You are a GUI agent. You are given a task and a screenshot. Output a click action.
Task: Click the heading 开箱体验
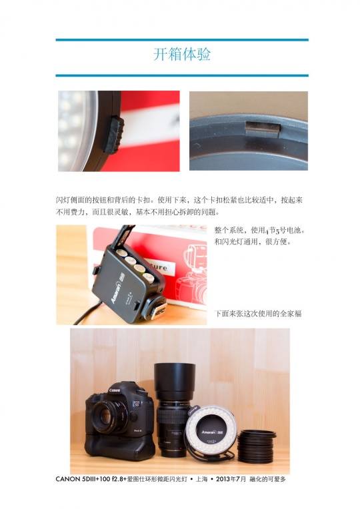182,54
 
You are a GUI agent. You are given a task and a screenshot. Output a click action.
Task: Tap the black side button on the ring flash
113,134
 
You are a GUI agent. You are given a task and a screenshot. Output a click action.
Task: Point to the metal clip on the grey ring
262,129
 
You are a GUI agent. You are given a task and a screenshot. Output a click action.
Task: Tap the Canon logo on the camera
115,390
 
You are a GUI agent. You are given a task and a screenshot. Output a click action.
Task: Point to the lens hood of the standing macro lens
175,382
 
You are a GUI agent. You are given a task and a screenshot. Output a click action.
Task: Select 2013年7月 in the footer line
231,479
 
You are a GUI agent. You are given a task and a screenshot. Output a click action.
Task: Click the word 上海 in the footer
201,479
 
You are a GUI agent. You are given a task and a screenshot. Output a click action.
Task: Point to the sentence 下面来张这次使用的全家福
258,314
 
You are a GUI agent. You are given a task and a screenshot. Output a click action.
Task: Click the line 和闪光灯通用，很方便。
253,242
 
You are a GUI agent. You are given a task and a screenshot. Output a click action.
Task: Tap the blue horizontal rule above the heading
182,40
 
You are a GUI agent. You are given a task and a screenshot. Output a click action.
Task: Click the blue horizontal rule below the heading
182,76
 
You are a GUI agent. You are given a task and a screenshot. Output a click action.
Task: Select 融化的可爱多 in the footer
268,479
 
